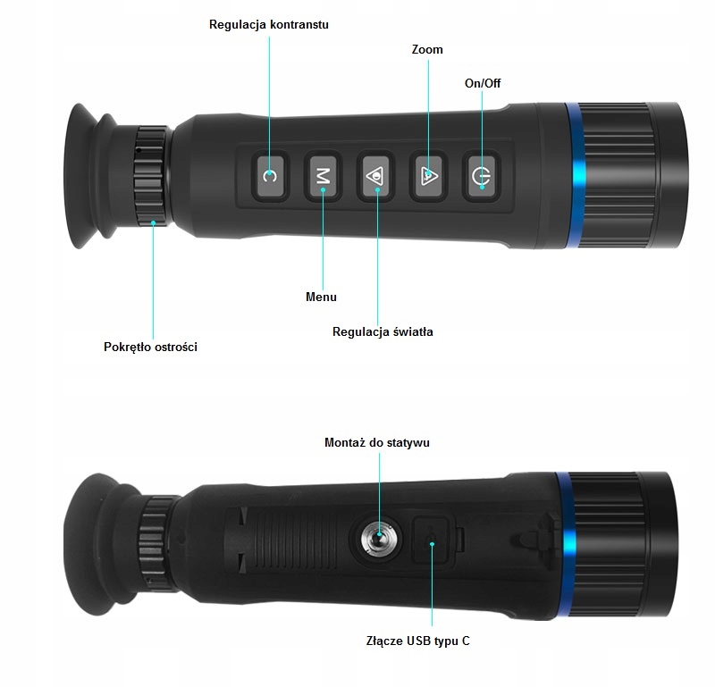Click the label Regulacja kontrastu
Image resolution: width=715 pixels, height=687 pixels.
tap(268, 24)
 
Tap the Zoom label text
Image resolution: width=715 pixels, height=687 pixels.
tap(427, 50)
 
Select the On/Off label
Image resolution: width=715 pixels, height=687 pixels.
tap(483, 83)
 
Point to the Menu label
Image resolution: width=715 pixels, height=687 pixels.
tap(321, 297)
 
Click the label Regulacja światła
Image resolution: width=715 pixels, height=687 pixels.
tap(383, 331)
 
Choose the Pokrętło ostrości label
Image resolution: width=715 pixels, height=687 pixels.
tap(150, 347)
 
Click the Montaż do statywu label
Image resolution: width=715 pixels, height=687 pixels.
tap(382, 442)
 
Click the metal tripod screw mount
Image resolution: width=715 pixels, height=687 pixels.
tap(378, 540)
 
